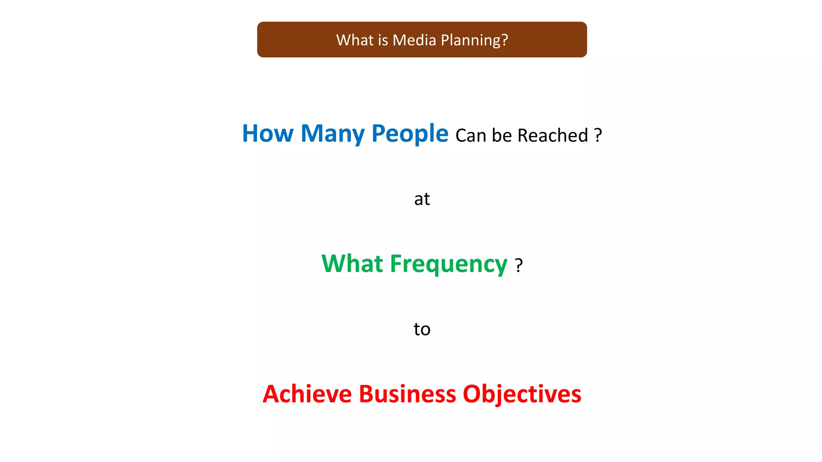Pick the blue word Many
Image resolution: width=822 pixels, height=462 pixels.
[332, 134]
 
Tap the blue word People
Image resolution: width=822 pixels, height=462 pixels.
[409, 134]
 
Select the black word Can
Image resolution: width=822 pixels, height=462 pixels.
[471, 136]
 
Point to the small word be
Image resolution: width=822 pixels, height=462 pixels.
[502, 136]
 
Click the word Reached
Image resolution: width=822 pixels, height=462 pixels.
[553, 136]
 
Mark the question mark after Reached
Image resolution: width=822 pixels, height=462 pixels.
[598, 135]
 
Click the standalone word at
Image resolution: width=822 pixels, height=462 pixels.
[422, 199]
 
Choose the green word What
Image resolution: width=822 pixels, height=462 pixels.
[352, 264]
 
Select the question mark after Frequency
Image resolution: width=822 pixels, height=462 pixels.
[519, 265]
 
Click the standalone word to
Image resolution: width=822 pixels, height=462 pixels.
[422, 329]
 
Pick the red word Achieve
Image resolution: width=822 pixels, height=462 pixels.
[307, 394]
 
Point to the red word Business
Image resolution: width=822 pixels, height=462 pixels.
[407, 394]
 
